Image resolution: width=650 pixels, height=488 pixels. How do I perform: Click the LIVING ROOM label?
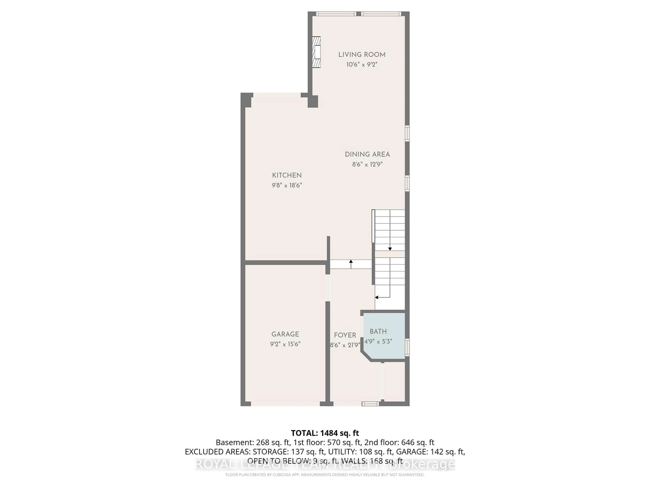(362, 55)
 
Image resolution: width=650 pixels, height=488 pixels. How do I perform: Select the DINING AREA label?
(367, 154)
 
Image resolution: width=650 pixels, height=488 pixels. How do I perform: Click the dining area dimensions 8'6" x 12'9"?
(367, 164)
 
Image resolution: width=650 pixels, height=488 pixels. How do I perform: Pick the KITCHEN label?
(287, 175)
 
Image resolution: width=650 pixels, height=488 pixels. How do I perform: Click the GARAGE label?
(285, 334)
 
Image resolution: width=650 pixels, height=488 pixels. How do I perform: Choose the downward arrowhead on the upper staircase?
(390, 249)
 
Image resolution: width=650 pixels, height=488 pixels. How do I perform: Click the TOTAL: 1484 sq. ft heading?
(325, 433)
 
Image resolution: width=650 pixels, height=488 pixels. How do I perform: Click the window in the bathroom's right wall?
(407, 347)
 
